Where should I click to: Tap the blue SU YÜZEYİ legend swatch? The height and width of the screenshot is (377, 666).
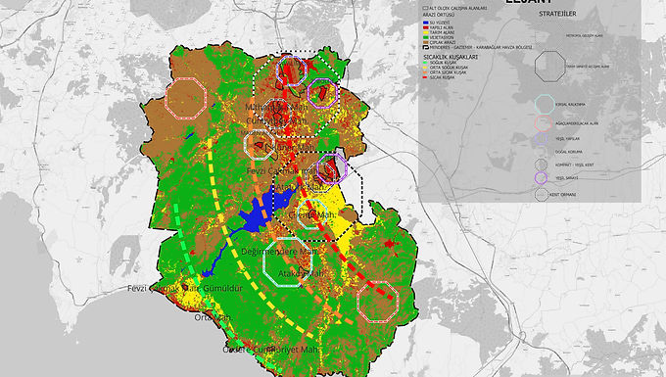tap(425, 20)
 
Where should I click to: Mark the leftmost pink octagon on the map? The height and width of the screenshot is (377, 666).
tap(185, 97)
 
